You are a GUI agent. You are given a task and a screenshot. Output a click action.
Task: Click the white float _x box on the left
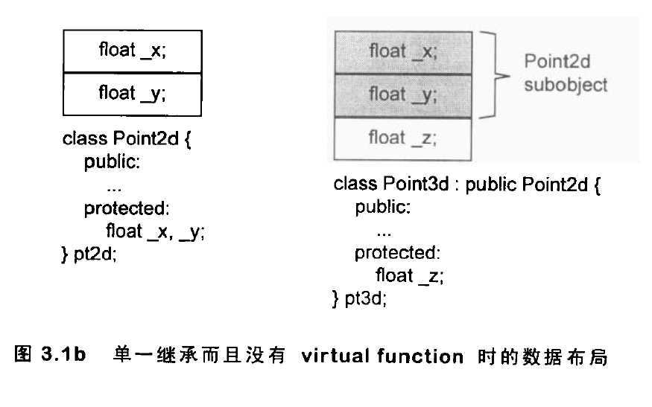pos(132,51)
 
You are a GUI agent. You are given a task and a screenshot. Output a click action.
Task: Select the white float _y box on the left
pos(132,94)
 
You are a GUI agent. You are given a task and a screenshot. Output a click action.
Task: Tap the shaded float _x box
pos(402,52)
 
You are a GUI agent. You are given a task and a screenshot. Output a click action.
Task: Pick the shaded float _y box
pos(402,94)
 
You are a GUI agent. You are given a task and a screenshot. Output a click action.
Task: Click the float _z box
pos(402,138)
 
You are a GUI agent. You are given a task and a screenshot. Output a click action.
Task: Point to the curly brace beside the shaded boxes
pos(494,74)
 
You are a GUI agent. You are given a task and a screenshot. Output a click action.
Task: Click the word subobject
pos(566,85)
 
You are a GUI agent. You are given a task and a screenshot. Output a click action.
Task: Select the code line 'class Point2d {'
pos(127,139)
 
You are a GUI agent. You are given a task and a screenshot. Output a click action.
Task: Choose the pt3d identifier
pos(366,299)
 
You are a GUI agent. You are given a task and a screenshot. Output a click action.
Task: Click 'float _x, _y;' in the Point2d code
pos(155,231)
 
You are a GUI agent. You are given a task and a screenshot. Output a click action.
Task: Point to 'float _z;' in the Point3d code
pos(410,276)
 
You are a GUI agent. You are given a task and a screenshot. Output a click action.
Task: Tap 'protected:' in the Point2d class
pos(127,208)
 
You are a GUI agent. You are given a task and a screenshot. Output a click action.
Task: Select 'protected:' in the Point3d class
pos(398,253)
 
